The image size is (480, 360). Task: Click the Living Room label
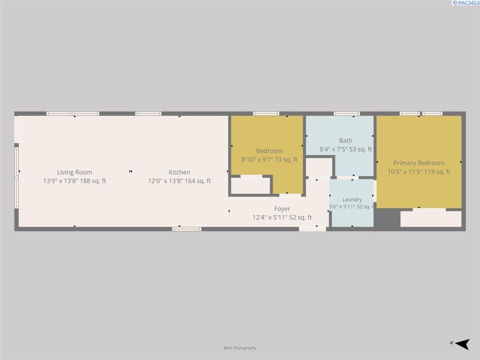click(x=74, y=172)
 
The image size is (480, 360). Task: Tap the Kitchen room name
click(x=179, y=172)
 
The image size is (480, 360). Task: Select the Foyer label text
click(x=282, y=209)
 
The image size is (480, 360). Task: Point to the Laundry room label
click(x=352, y=200)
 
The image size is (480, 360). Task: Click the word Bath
click(x=346, y=140)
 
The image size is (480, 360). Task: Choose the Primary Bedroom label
click(x=419, y=163)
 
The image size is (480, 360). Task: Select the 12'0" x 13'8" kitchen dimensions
click(x=166, y=181)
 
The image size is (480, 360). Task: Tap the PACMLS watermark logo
click(x=466, y=3)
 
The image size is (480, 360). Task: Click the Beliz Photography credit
click(x=240, y=348)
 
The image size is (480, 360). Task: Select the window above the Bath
click(x=347, y=114)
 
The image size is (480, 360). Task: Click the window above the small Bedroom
click(x=266, y=114)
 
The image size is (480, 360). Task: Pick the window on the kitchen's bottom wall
click(x=186, y=229)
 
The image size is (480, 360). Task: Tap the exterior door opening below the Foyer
click(x=312, y=229)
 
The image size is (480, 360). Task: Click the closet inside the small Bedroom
click(x=251, y=186)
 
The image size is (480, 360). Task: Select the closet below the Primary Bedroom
click(x=431, y=219)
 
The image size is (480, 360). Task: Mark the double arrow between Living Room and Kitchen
click(x=130, y=171)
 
